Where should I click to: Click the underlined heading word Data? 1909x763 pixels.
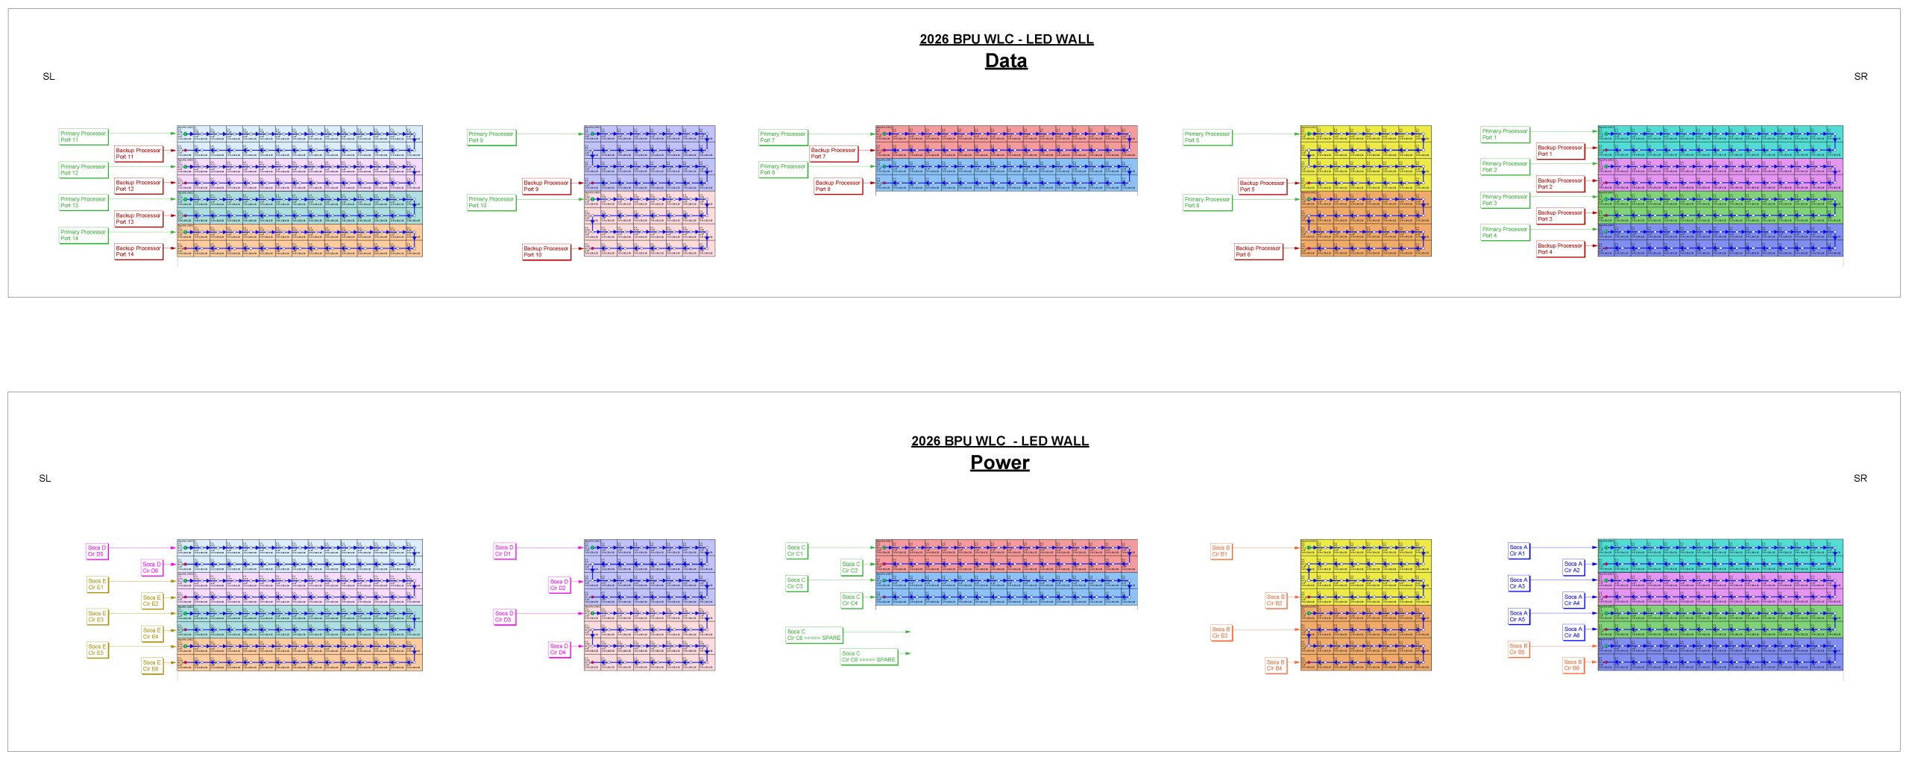(x=1006, y=61)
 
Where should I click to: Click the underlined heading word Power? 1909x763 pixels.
(x=999, y=463)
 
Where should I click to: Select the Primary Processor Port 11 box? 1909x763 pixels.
(x=84, y=136)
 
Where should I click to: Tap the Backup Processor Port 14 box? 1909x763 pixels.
(x=139, y=251)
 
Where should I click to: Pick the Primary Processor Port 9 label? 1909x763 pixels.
(x=491, y=137)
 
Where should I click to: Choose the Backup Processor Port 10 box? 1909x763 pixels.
(x=546, y=251)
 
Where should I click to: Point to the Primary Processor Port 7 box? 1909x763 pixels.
(x=783, y=137)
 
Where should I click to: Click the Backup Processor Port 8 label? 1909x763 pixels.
(x=838, y=186)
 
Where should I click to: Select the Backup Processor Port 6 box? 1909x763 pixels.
(x=1258, y=251)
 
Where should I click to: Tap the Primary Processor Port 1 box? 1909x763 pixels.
(x=1505, y=134)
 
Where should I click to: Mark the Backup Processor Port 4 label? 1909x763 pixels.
(x=1560, y=248)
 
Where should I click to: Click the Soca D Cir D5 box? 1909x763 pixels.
(x=97, y=551)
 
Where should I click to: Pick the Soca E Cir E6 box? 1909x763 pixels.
(x=152, y=665)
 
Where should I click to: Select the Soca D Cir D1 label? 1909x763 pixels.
(x=504, y=551)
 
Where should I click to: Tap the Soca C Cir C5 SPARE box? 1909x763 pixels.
(x=814, y=635)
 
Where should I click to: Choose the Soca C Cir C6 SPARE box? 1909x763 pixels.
(x=869, y=656)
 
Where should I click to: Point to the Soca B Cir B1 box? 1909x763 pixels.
(x=1221, y=551)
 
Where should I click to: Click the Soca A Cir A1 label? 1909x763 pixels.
(x=1518, y=550)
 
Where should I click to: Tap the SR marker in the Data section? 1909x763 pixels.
(x=1861, y=77)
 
